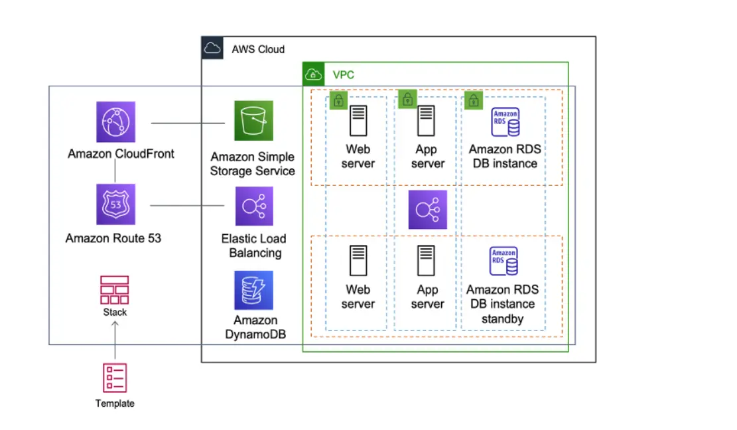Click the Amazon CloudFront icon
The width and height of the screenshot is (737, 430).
(115, 122)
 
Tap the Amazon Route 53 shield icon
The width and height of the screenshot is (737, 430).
(115, 204)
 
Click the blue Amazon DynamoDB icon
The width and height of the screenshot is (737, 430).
(253, 290)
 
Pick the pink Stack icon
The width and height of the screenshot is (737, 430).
(115, 290)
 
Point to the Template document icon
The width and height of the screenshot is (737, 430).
(115, 378)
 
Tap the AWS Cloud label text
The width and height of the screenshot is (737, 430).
(258, 49)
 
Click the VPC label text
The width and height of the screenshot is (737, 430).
(343, 74)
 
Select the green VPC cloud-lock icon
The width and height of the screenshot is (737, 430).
(313, 74)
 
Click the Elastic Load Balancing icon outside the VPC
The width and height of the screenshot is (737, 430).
(254, 206)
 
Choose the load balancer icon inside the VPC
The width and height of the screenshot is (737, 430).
(428, 210)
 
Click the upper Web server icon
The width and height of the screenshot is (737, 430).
(359, 122)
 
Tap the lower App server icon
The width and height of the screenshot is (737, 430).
(427, 261)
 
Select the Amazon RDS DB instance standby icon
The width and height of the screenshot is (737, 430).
(504, 261)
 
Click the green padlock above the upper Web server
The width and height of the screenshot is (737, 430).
(338, 100)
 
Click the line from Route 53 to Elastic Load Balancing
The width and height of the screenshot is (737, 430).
(188, 206)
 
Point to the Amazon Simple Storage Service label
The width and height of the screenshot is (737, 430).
(253, 164)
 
